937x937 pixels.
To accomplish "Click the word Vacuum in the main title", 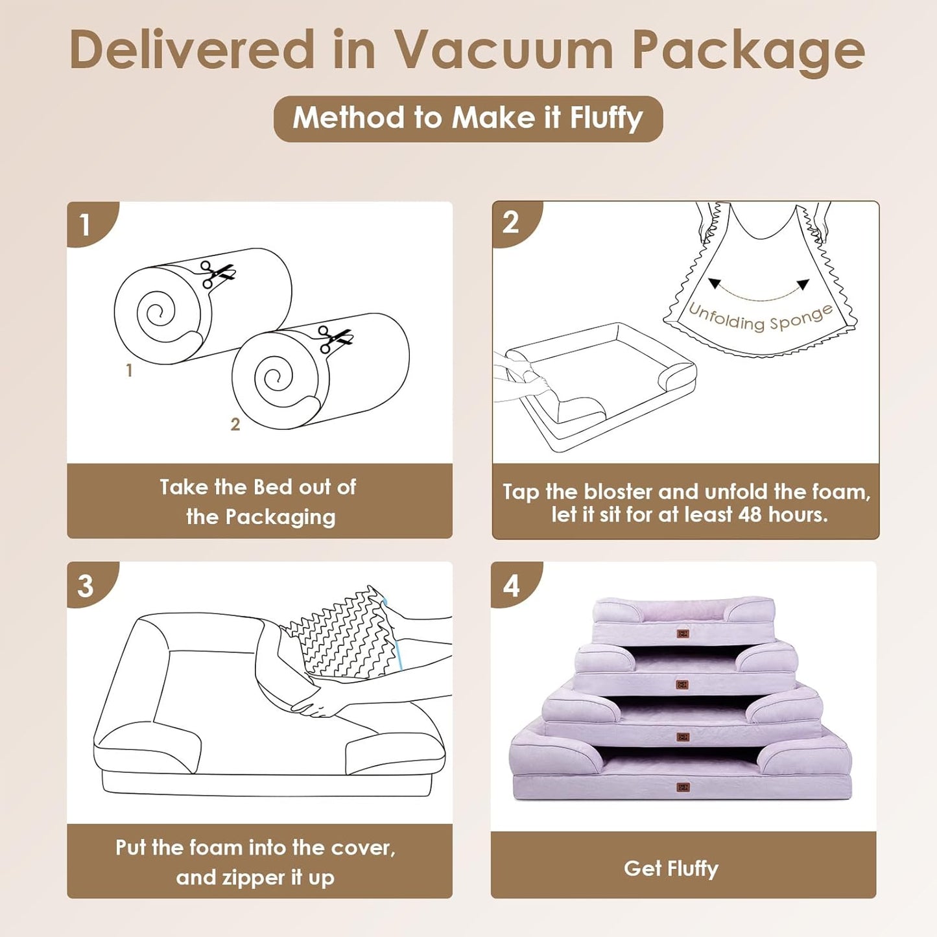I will click(504, 50).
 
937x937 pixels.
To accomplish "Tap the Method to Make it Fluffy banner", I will click(468, 119).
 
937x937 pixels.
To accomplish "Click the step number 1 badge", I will click(86, 224).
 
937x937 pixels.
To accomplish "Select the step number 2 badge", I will click(511, 222).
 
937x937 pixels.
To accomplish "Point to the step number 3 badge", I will click(86, 586).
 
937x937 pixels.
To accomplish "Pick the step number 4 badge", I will click(511, 586).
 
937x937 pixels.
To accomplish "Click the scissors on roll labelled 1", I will click(216, 274).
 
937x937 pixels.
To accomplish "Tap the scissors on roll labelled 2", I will click(335, 339).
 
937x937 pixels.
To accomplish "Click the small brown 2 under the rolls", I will click(235, 424).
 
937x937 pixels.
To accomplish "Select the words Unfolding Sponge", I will click(760, 317).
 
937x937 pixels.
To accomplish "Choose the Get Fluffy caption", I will click(670, 868).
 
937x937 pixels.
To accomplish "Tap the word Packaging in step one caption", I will click(280, 517).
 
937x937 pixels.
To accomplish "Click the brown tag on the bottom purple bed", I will click(682, 788).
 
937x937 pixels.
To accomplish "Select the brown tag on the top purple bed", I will click(682, 634).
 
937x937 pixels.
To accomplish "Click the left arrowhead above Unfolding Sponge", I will click(715, 284).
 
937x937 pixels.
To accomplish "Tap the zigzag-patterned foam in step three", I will click(344, 635).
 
